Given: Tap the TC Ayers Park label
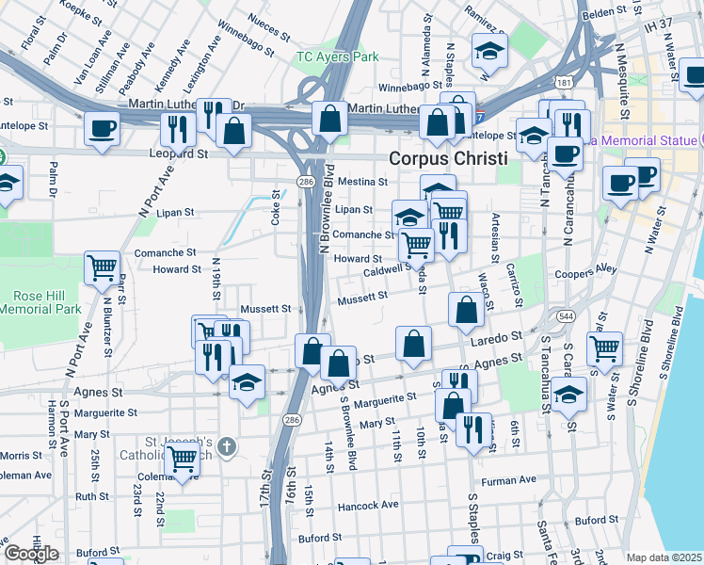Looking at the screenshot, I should (x=337, y=56).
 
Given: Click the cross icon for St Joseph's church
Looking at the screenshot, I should (x=225, y=445).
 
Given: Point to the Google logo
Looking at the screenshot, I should (x=31, y=553).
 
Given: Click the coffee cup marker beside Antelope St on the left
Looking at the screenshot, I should (x=102, y=129).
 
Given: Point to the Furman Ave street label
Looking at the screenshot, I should (x=509, y=481).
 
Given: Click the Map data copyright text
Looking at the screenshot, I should (x=664, y=557).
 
